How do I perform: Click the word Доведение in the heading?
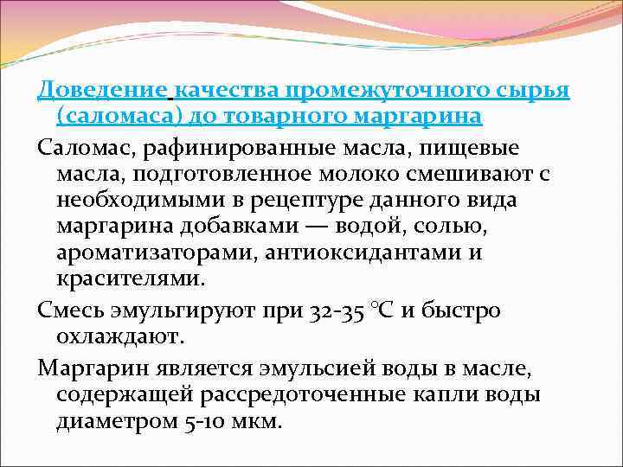point(104,90)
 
